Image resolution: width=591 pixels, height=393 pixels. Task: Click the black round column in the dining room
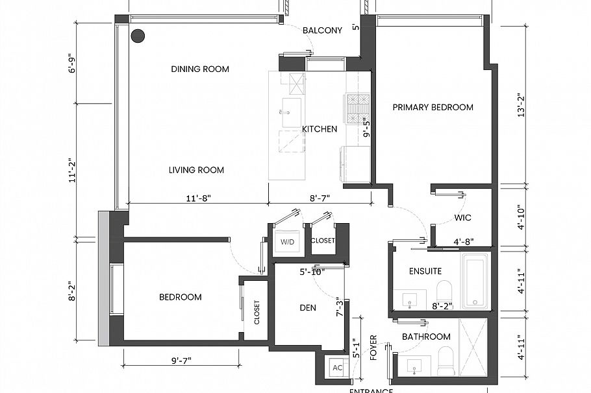pyautogui.click(x=137, y=36)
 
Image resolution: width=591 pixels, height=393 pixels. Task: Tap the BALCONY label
pyautogui.click(x=322, y=30)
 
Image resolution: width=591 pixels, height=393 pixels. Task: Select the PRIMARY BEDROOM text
pyautogui.click(x=433, y=108)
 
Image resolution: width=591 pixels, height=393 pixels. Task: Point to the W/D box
pyautogui.click(x=286, y=242)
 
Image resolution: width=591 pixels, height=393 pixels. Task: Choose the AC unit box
pyautogui.click(x=337, y=367)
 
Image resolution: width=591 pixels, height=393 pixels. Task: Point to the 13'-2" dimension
pyautogui.click(x=520, y=102)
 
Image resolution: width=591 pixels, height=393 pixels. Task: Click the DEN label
pyautogui.click(x=308, y=308)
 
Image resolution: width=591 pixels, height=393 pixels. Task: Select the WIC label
pyautogui.click(x=462, y=218)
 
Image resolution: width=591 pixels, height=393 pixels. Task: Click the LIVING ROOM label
pyautogui.click(x=196, y=171)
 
